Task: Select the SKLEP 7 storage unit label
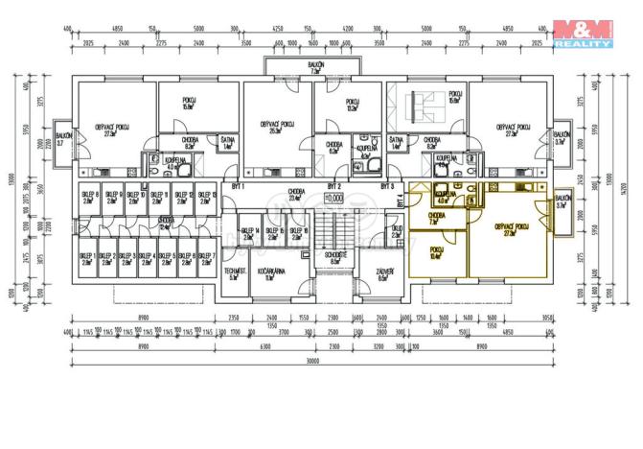click(204, 257)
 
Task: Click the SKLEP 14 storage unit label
click(248, 233)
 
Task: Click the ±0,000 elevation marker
click(334, 199)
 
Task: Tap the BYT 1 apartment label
click(238, 184)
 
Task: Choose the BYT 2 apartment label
click(334, 184)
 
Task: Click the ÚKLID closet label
click(395, 230)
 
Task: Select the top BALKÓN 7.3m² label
click(314, 67)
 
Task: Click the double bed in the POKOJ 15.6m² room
click(419, 102)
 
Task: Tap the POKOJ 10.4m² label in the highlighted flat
click(436, 252)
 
